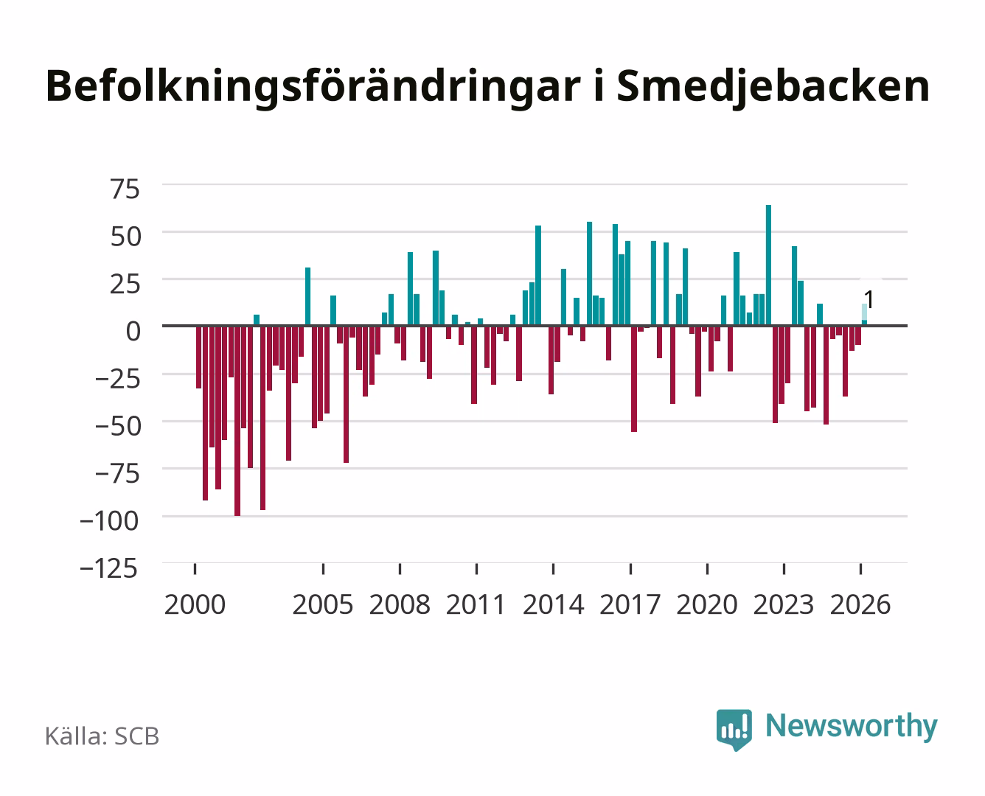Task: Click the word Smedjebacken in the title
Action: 773,86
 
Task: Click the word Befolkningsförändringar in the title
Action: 313,86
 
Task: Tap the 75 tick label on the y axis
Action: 125,189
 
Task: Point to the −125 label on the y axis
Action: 109,568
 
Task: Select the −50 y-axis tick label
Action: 117,426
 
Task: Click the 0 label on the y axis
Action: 133,331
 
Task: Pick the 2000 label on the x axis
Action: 195,604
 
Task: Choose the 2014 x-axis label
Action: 553,604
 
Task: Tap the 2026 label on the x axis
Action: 860,604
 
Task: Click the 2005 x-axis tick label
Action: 323,604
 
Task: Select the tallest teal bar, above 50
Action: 768,265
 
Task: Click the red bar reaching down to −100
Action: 237,421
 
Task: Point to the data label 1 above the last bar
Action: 869,300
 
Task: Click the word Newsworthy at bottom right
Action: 852,726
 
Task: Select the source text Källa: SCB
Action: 102,736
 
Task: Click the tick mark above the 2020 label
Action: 707,568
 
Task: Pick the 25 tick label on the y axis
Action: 125,284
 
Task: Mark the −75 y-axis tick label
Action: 117,473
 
